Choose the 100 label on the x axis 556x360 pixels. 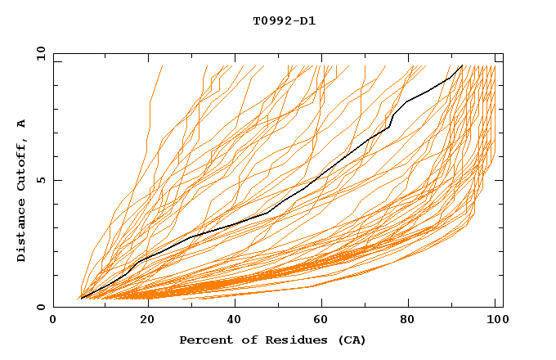click(495, 320)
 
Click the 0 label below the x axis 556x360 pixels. click(53, 320)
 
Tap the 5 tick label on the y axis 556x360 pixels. click(41, 180)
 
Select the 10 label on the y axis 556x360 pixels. click(38, 53)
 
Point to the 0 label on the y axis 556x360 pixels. click(41, 307)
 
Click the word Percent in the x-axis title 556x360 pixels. click(204, 340)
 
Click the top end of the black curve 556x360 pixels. click(462, 66)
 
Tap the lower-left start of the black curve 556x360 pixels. click(81, 298)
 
